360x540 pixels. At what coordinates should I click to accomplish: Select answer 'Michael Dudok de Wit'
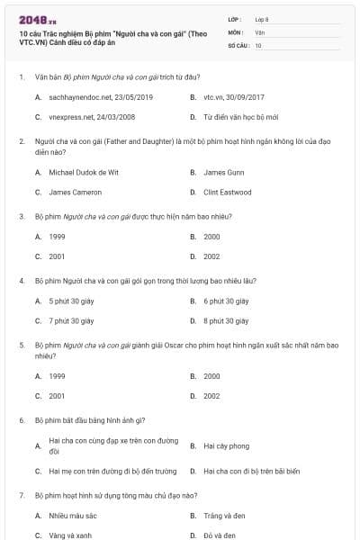point(84,172)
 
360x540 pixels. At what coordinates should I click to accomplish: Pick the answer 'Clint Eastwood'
point(226,192)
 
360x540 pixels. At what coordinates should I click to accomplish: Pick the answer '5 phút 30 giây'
point(71,301)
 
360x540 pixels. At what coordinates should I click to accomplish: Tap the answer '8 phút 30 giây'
point(226,320)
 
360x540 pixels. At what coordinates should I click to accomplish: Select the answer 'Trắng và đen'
point(222,516)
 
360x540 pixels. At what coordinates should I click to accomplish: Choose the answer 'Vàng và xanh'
point(70,535)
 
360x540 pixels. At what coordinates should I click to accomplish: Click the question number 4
point(22,280)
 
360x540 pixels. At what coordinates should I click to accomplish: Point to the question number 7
point(22,495)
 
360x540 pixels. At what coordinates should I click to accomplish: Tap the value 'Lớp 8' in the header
point(262,19)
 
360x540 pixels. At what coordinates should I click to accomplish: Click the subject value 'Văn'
point(259,31)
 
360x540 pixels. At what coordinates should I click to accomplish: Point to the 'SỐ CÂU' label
point(238,44)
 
